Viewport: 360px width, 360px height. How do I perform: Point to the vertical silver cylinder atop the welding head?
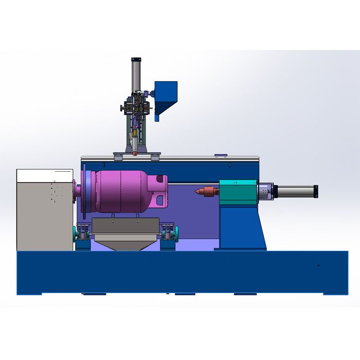click(x=134, y=75)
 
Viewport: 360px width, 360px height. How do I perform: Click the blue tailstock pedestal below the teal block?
click(x=242, y=226)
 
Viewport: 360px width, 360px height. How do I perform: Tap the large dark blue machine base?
click(x=180, y=273)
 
